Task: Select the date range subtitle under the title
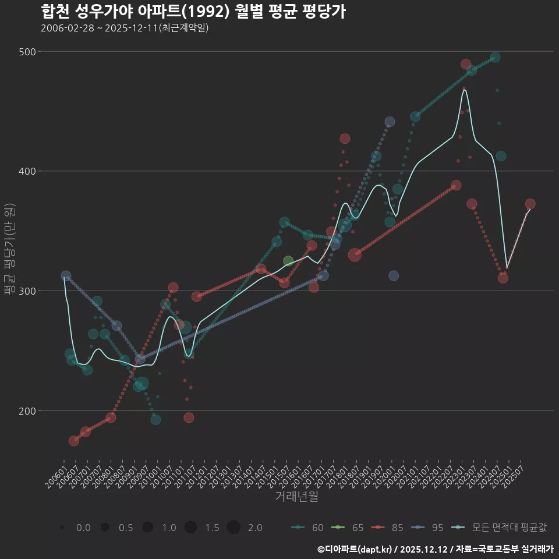point(125,29)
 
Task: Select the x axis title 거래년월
point(296,497)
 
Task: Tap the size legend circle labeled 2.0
point(233,528)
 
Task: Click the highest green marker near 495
point(495,57)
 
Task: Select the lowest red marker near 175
point(73,441)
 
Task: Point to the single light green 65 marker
point(288,261)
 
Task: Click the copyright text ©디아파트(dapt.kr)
point(356,549)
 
